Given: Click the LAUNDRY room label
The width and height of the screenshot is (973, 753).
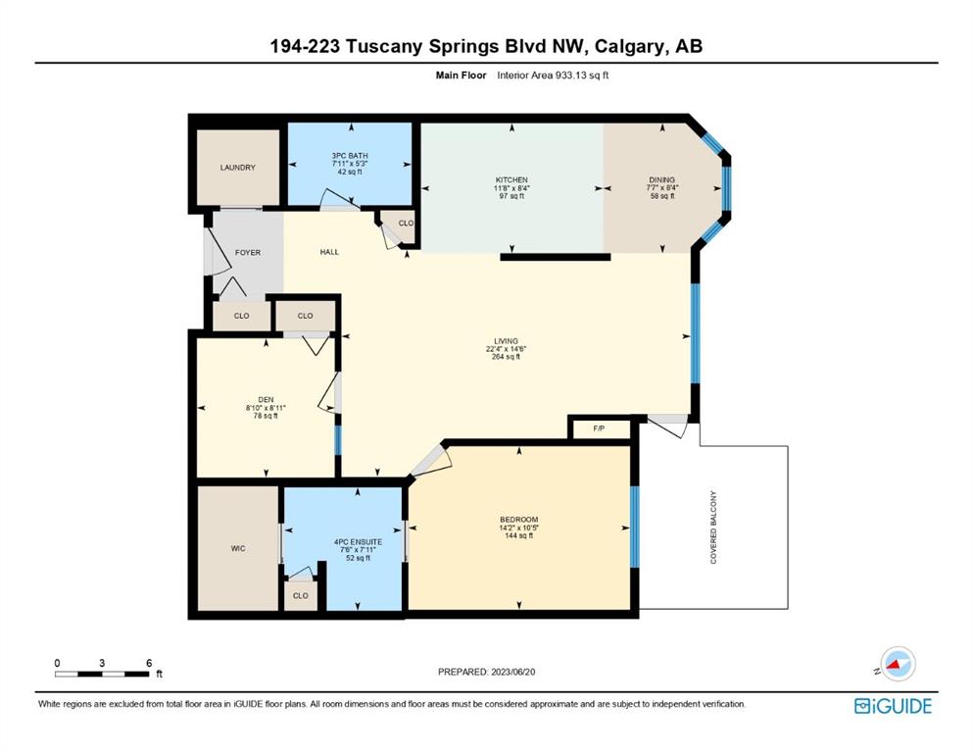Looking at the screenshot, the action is (x=238, y=168).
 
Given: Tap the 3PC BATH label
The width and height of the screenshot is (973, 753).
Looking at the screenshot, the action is (x=350, y=156).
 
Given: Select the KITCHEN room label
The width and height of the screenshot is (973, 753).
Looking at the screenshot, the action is (x=511, y=180).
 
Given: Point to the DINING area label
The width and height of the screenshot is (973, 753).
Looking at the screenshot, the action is (x=662, y=180).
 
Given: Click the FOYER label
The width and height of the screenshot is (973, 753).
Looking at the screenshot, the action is (x=248, y=253).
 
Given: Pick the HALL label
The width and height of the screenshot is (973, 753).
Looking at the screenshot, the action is (x=329, y=252).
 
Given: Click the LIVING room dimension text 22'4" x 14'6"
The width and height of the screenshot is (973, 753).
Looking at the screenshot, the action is (x=507, y=349).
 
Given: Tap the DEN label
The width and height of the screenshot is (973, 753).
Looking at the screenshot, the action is (x=266, y=400).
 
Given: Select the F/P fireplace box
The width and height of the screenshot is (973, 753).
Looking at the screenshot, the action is (x=600, y=429).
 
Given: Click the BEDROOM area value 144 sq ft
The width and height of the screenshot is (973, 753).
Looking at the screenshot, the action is (x=518, y=535).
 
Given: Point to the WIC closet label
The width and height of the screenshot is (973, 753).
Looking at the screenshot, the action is (x=238, y=549).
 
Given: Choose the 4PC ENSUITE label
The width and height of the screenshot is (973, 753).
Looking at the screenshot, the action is (x=358, y=542).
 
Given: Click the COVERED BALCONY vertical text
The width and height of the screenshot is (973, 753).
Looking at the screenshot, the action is (x=713, y=527).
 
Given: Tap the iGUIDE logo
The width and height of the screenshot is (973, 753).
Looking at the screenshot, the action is (x=893, y=706).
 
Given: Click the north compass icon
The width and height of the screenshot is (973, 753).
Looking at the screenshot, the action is (x=897, y=665).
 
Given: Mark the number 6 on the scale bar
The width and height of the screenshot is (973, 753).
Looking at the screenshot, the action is (x=149, y=663).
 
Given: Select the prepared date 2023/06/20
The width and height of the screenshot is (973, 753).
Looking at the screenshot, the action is (x=513, y=672).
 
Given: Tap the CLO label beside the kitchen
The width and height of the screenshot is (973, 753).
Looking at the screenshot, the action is (x=406, y=224).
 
